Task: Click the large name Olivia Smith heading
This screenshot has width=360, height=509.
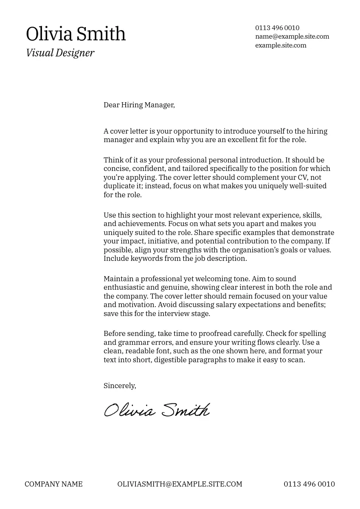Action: click(76, 34)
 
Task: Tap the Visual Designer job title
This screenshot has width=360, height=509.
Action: click(60, 53)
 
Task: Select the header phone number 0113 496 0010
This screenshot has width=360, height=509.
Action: click(277, 28)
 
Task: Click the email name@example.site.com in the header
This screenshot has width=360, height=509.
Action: click(292, 36)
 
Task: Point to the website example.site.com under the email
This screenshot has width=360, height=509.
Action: click(281, 45)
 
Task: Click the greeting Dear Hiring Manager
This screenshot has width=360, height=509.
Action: click(139, 105)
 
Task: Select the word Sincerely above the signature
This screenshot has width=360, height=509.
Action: click(120, 386)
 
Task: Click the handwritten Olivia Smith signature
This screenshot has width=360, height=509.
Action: click(157, 410)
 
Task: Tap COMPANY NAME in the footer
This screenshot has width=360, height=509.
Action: click(53, 484)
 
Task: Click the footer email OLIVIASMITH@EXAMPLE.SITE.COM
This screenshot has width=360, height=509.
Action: click(180, 484)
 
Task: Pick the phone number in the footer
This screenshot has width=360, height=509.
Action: click(309, 484)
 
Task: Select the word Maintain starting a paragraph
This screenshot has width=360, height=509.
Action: click(118, 279)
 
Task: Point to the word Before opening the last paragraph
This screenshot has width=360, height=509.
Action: click(115, 333)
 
